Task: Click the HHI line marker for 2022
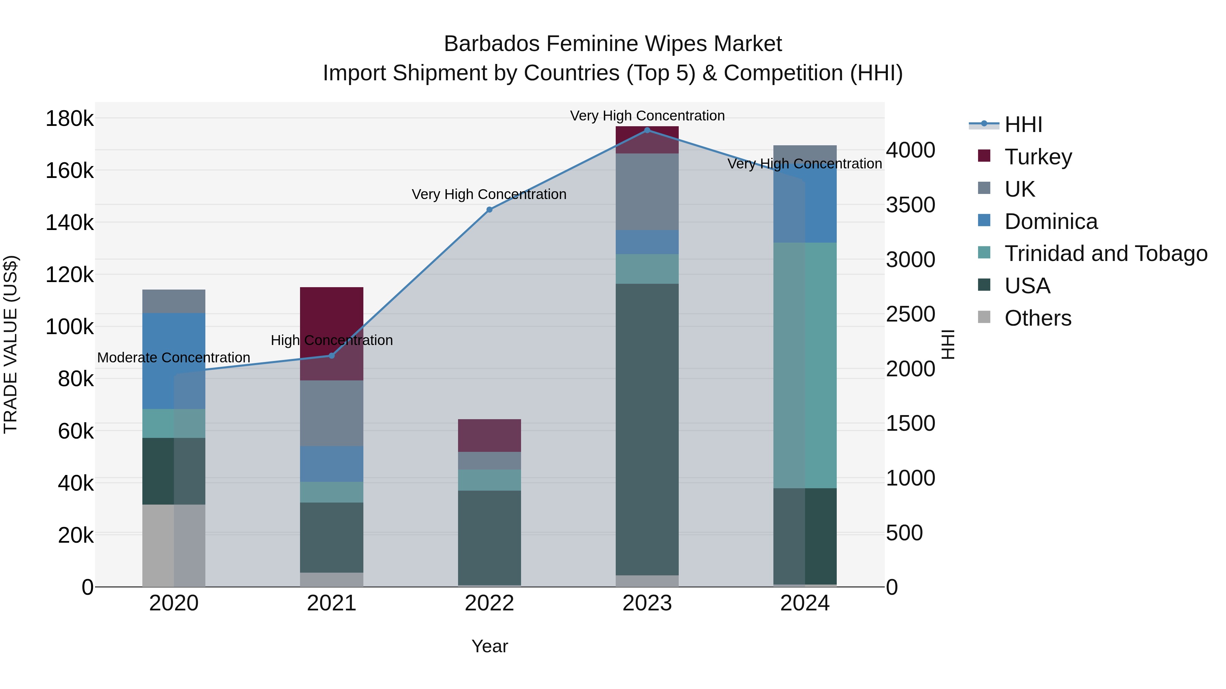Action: tap(489, 210)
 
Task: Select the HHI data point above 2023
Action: tap(647, 130)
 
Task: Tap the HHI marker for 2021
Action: tap(332, 356)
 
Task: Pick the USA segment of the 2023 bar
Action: tap(647, 428)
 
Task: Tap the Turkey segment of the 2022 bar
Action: tap(489, 435)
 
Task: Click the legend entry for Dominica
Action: tap(1051, 222)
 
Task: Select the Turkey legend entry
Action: tap(1038, 157)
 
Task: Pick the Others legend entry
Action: tap(1038, 318)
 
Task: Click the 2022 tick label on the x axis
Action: tap(489, 603)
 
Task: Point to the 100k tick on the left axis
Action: tap(69, 327)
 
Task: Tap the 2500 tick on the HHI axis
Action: tap(910, 314)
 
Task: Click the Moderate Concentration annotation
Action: tap(174, 358)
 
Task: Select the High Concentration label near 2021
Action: tap(332, 341)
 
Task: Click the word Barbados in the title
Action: tap(492, 44)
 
